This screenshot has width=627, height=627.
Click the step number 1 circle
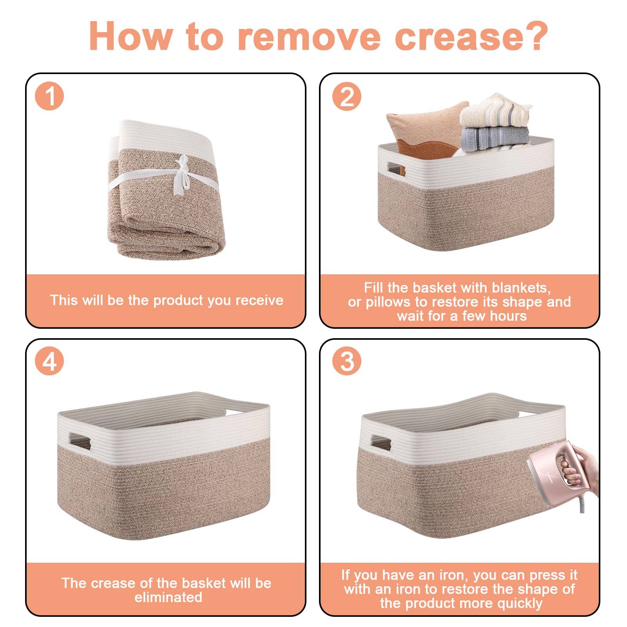[x=49, y=96]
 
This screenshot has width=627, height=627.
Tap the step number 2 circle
[x=347, y=96]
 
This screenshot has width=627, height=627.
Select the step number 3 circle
[x=347, y=361]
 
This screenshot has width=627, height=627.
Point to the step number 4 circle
[x=49, y=361]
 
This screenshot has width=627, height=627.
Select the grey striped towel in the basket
[x=496, y=138]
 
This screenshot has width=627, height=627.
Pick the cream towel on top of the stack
[x=496, y=112]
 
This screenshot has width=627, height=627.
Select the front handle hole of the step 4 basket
[x=80, y=440]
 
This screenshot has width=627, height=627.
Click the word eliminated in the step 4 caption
[x=169, y=597]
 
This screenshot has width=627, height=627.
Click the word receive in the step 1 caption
[x=259, y=301]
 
